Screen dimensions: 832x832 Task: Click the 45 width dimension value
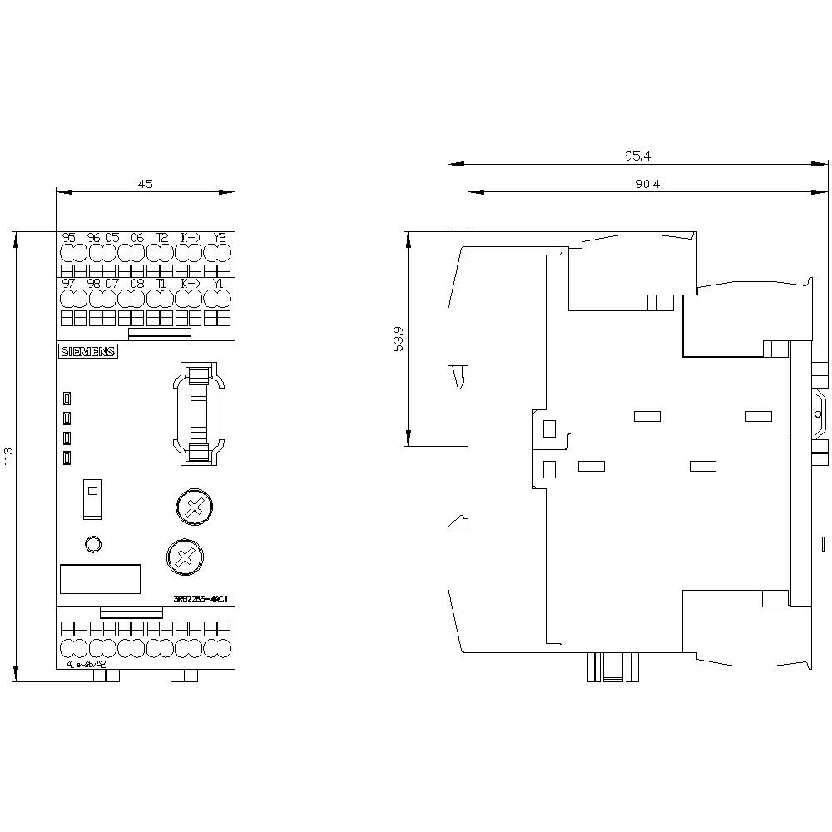pos(145,184)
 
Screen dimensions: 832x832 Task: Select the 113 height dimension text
pos(9,456)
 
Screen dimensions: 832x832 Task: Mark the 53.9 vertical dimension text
pos(399,339)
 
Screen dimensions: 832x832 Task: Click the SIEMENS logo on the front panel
pos(87,352)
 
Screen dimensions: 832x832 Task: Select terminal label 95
pos(69,238)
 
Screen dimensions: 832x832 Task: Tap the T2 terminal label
pos(161,238)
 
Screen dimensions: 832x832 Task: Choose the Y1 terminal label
pos(219,284)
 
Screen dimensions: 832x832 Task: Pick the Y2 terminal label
pos(220,238)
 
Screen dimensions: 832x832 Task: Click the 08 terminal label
pos(137,284)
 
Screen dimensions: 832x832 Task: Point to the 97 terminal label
pos(69,284)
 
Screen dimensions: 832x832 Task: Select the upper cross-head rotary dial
pos(193,507)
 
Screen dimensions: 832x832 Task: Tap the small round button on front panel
pos(93,544)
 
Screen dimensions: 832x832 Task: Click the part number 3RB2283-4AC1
pos(202,599)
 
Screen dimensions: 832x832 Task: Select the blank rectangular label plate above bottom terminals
pos(99,579)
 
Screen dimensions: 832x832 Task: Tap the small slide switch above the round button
pos(92,499)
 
